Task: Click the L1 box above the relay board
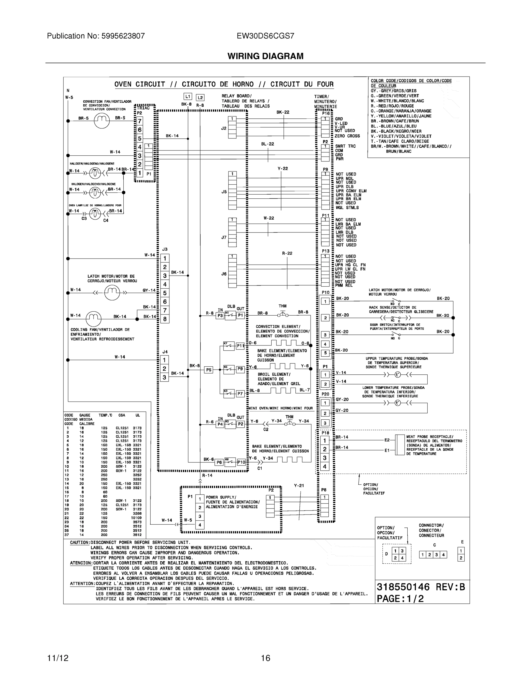(x=188, y=97)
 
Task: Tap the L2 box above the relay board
(x=200, y=98)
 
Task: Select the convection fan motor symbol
(x=102, y=121)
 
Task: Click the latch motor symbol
(x=112, y=293)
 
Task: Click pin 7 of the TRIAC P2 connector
(x=140, y=121)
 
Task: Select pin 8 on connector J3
(x=165, y=319)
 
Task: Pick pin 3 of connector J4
(x=164, y=377)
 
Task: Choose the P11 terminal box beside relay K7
(x=240, y=346)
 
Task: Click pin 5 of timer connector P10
(x=325, y=353)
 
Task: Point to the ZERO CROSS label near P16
(x=347, y=136)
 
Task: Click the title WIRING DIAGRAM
(x=266, y=56)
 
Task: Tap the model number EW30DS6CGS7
(x=266, y=36)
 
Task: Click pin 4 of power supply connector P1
(x=200, y=525)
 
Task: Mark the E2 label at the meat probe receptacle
(x=387, y=440)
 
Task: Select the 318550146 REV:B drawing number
(x=421, y=587)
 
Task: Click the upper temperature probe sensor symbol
(x=398, y=375)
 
